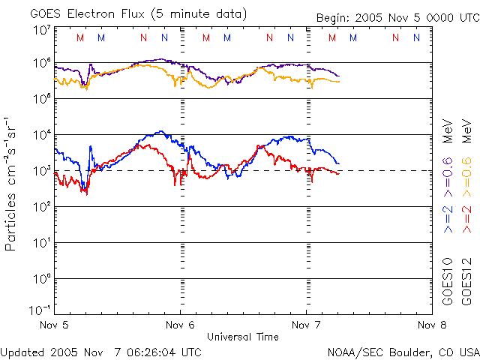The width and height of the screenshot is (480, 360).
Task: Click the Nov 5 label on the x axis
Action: point(53,325)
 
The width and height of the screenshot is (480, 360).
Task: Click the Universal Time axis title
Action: point(243,337)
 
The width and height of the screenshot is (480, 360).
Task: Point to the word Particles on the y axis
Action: point(11,222)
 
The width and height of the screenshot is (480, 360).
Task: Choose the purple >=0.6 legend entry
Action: point(448,171)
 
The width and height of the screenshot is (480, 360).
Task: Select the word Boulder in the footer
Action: point(403,351)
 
